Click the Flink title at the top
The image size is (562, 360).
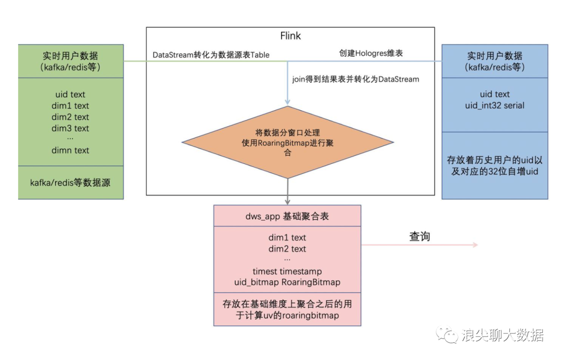click(x=290, y=36)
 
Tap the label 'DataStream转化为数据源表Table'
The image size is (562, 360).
click(x=211, y=55)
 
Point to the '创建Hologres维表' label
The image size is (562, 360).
click(x=371, y=53)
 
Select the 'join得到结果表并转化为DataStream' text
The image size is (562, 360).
click(x=355, y=80)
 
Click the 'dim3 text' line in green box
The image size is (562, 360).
click(x=70, y=128)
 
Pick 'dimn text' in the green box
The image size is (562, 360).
click(x=70, y=150)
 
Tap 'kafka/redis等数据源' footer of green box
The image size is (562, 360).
click(x=71, y=183)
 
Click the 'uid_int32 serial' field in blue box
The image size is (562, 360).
click(x=494, y=106)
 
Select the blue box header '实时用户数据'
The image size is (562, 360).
click(x=494, y=56)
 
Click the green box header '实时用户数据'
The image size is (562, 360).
click(x=71, y=56)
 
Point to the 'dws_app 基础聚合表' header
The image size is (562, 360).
click(x=287, y=216)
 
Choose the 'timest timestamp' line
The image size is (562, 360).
click(x=287, y=271)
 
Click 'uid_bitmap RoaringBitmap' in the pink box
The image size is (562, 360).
click(x=287, y=282)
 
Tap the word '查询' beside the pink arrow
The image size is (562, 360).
click(x=419, y=237)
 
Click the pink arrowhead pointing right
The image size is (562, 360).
click(x=475, y=245)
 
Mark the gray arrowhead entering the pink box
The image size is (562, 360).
click(x=288, y=201)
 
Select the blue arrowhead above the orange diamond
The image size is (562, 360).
click(x=288, y=102)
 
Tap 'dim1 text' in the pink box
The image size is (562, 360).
click(x=287, y=238)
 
